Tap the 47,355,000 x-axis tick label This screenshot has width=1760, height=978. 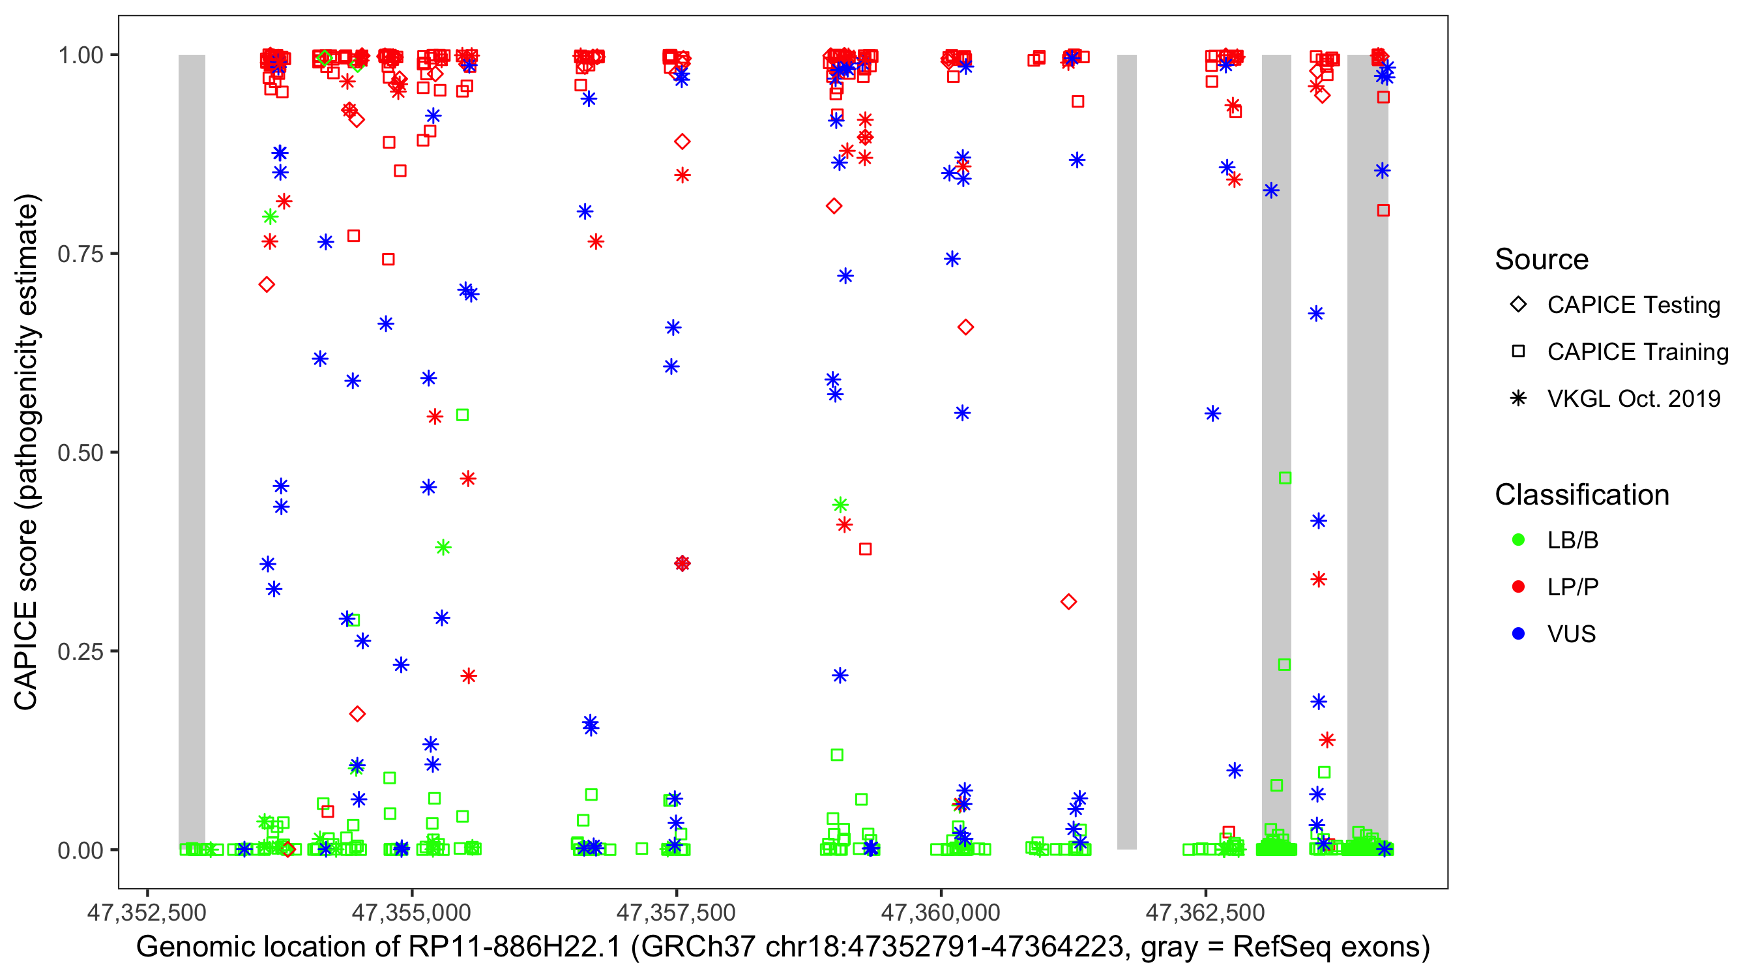[411, 911]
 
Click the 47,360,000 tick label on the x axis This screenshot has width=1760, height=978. [941, 911]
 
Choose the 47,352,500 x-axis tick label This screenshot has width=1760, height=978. [147, 911]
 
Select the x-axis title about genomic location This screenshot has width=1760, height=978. [783, 947]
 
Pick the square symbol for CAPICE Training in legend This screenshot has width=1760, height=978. [1518, 351]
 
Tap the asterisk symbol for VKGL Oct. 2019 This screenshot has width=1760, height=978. [1518, 398]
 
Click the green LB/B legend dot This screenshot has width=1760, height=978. [1518, 540]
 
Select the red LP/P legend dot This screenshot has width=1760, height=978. [1518, 587]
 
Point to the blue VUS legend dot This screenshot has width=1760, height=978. [1518, 634]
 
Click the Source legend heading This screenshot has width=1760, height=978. [1542, 259]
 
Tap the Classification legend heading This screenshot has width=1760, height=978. [1581, 495]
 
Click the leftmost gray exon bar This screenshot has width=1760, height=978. [192, 451]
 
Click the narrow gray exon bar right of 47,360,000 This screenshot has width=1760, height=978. [1126, 451]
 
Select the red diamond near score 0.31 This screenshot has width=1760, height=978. [1068, 601]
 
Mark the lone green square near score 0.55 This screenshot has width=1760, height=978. [463, 415]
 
